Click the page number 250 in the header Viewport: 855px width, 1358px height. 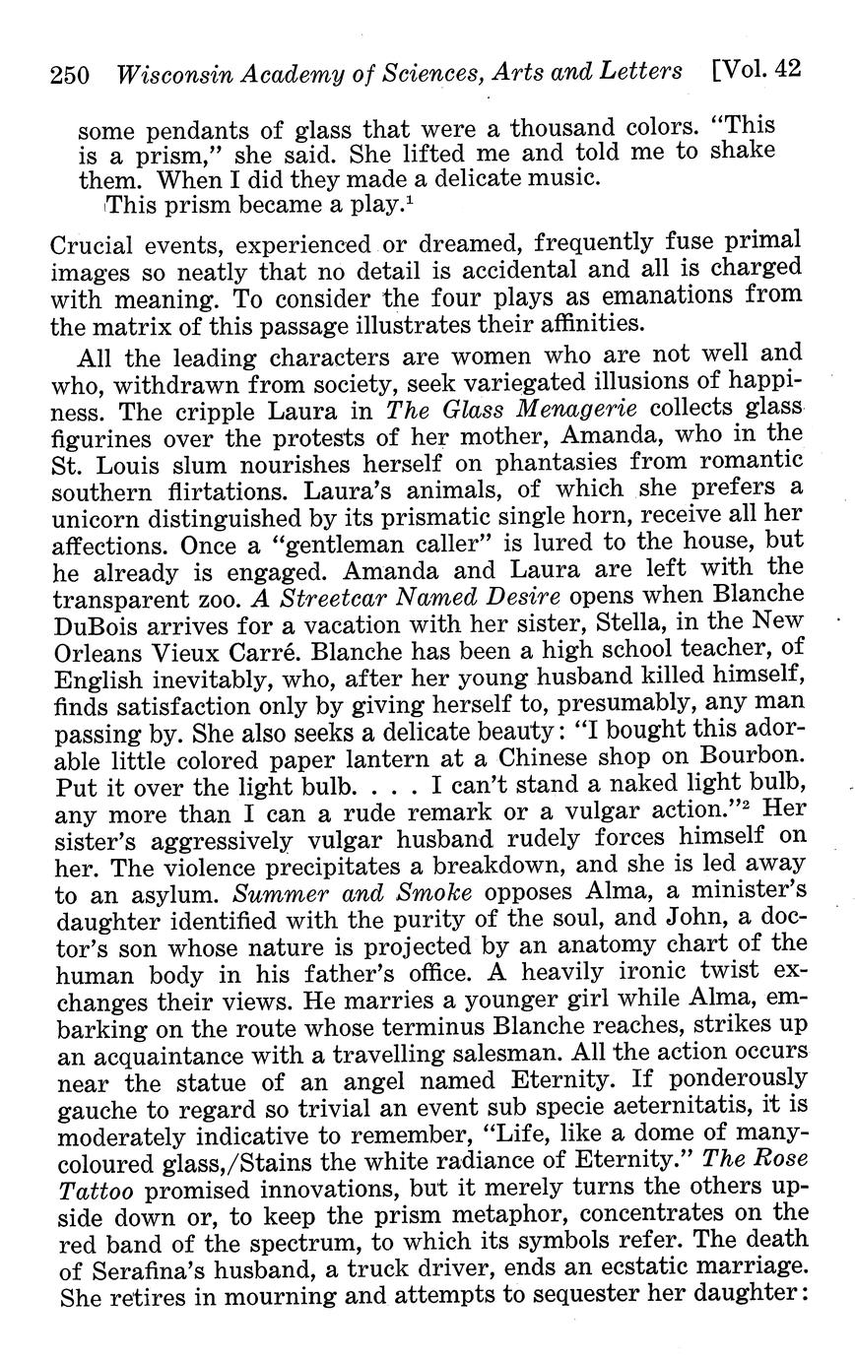point(70,75)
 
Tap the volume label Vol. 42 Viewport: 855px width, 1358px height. point(755,70)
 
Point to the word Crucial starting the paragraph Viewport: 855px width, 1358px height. point(93,242)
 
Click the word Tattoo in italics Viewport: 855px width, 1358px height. point(95,1187)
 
